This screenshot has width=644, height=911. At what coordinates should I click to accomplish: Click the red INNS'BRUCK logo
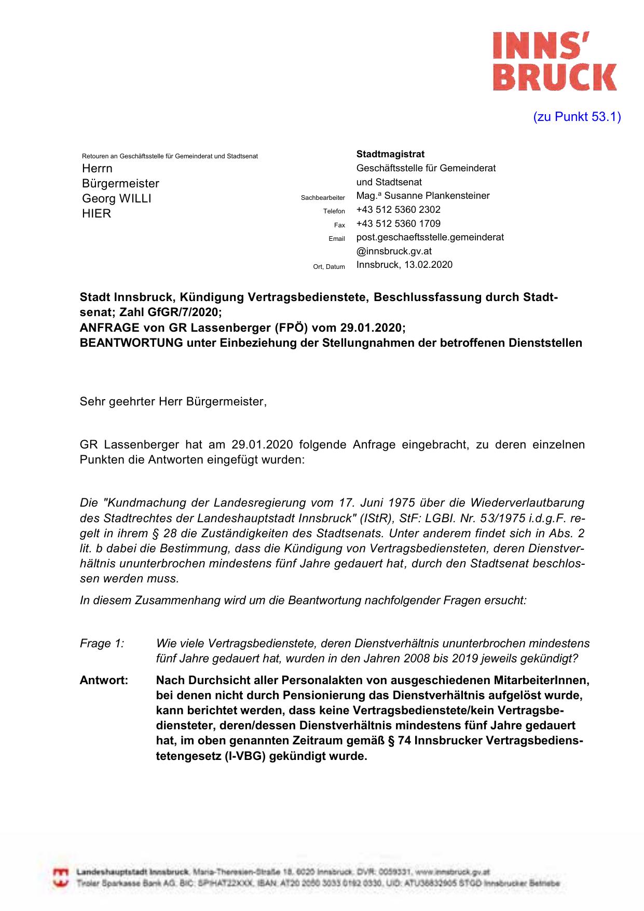tap(554, 61)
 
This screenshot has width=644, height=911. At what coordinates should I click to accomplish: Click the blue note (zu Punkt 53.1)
tap(577, 117)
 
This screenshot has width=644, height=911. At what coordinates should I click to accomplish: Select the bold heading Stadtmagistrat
tap(390, 154)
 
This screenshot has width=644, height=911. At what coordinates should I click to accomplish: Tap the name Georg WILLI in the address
tap(117, 198)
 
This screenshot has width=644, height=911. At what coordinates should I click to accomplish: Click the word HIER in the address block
tap(97, 213)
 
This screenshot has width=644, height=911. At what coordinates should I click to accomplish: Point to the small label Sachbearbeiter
tap(323, 198)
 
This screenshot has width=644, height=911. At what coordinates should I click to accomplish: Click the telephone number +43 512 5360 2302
tap(398, 210)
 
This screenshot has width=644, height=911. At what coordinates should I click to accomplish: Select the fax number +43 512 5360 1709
tap(398, 224)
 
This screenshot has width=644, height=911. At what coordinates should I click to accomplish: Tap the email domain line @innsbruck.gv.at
tap(394, 251)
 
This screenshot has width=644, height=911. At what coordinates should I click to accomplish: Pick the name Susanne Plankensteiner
tap(437, 196)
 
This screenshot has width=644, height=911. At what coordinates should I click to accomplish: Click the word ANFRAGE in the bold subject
tap(109, 328)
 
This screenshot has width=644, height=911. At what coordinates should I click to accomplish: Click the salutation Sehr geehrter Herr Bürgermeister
tap(173, 401)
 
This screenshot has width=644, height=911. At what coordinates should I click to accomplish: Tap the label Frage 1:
tap(102, 644)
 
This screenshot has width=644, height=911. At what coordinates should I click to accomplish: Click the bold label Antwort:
tap(104, 680)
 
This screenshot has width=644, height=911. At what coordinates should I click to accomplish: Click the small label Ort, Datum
tap(329, 267)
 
